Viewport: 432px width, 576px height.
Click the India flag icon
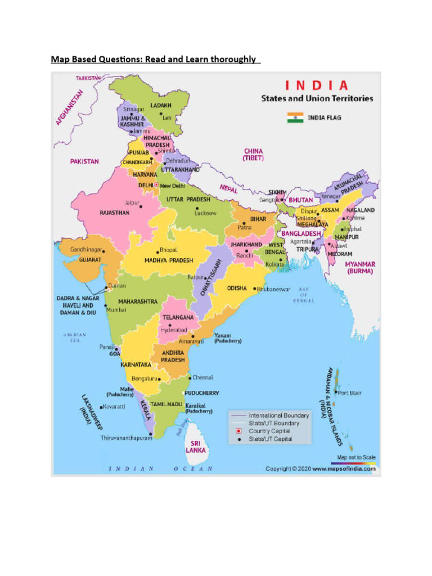(295, 118)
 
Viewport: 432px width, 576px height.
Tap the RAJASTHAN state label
(115, 213)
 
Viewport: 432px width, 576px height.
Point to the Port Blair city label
(349, 393)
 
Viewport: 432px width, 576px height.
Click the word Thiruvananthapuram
(127, 438)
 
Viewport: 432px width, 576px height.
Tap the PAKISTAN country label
(84, 161)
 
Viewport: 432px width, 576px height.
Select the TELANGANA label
(178, 317)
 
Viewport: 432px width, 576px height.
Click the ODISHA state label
(237, 288)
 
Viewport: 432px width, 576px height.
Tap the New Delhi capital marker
(156, 185)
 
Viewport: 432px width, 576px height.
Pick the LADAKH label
(161, 105)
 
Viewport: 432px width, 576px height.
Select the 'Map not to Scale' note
(357, 457)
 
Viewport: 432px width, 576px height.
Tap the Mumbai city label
(117, 309)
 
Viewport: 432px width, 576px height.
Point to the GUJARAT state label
(90, 260)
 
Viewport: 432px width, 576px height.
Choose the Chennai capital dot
(190, 377)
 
